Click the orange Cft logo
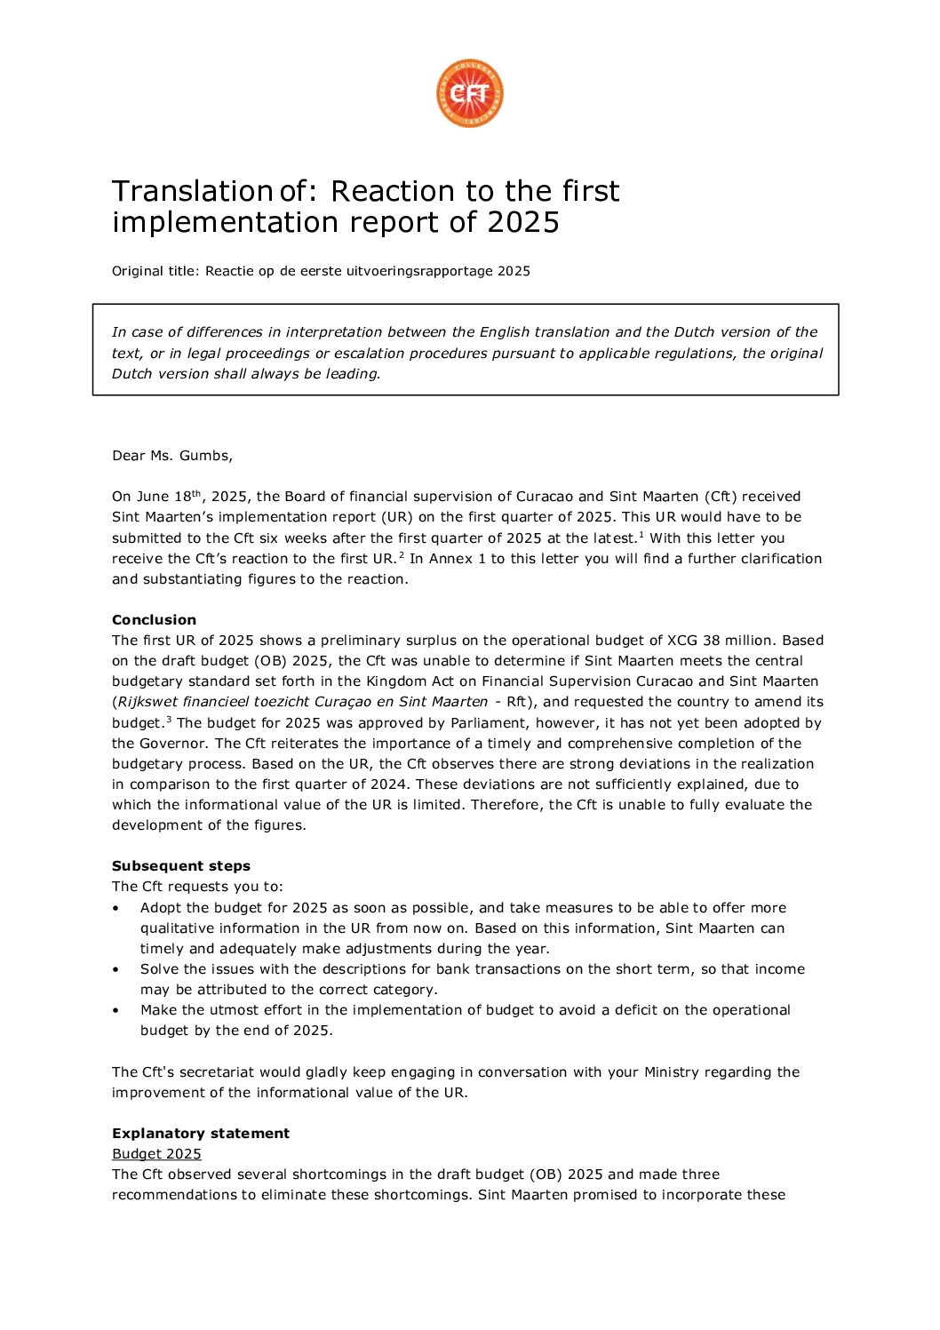[469, 93]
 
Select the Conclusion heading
[154, 620]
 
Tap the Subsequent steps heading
[180, 866]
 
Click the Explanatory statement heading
[200, 1134]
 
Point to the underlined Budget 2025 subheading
[156, 1154]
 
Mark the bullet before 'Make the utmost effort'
[116, 1011]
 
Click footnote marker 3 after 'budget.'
[169, 720]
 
